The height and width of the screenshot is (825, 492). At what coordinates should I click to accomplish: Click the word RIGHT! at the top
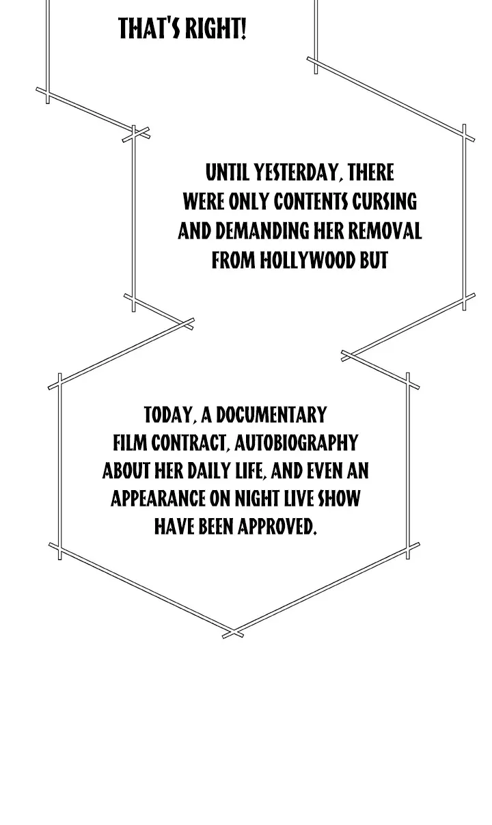215,29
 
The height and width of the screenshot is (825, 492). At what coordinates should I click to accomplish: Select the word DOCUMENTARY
271,415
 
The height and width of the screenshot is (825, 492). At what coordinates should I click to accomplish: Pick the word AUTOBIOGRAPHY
296,443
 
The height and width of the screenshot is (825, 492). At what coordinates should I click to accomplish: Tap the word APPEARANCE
158,499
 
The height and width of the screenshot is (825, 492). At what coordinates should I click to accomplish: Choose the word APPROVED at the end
277,527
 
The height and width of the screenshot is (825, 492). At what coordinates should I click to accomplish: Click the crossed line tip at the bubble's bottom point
233,633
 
